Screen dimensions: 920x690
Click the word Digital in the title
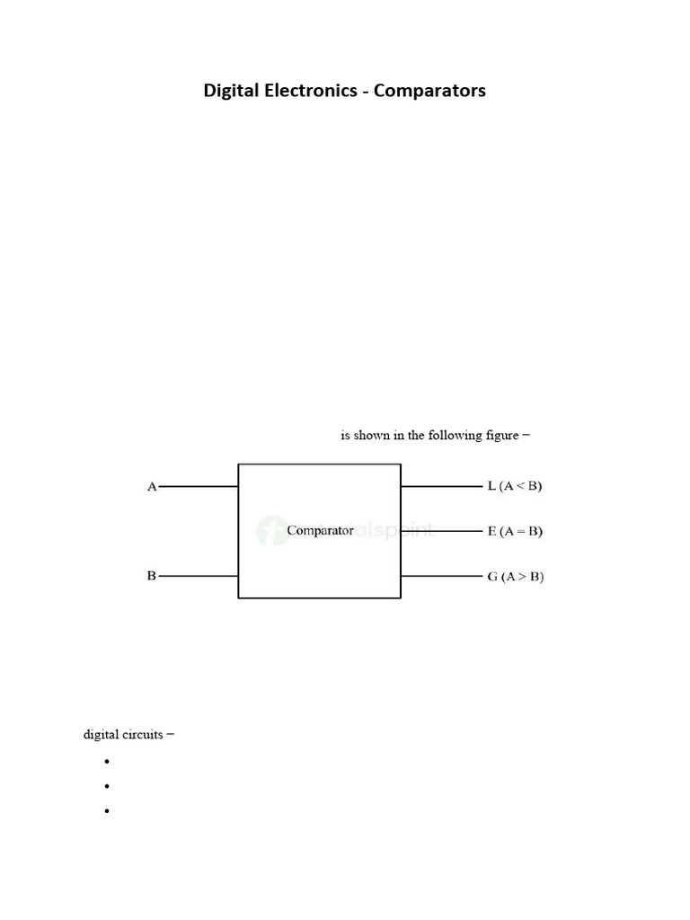230,91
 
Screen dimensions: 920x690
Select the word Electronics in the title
309,91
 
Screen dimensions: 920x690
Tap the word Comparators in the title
431,91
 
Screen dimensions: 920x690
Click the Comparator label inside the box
320,531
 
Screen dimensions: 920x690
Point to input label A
152,487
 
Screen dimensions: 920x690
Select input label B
152,575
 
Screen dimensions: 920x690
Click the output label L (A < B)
515,487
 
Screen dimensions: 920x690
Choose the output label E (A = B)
515,531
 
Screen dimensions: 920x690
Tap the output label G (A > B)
515,576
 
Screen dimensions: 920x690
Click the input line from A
198,487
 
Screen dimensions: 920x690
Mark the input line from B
198,575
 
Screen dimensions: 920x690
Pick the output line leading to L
441,487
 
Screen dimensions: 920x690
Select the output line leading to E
441,531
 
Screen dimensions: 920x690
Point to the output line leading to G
441,575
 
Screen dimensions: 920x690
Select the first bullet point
106,762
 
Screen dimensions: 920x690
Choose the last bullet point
106,811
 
